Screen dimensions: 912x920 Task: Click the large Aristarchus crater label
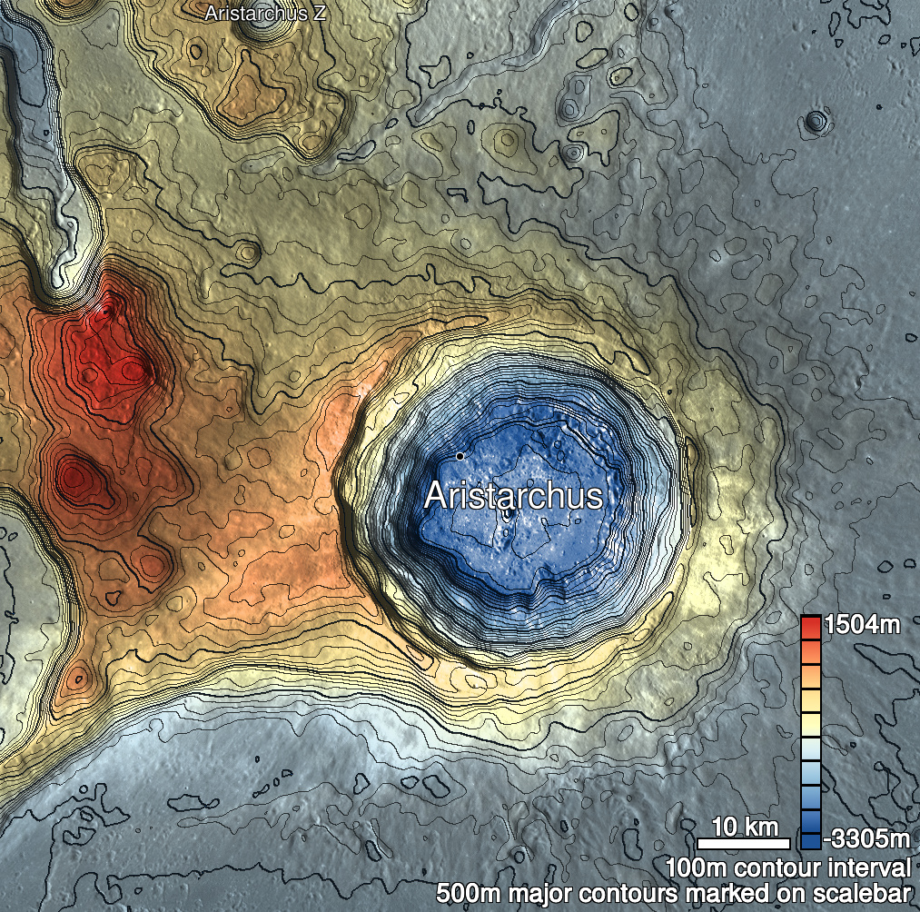[x=513, y=497]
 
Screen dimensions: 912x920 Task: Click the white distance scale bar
[x=743, y=844]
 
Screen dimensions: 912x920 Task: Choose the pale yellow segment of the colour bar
[x=811, y=723]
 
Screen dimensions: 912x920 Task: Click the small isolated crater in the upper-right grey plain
[x=817, y=120]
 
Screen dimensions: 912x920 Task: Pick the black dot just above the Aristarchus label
[x=460, y=455]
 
